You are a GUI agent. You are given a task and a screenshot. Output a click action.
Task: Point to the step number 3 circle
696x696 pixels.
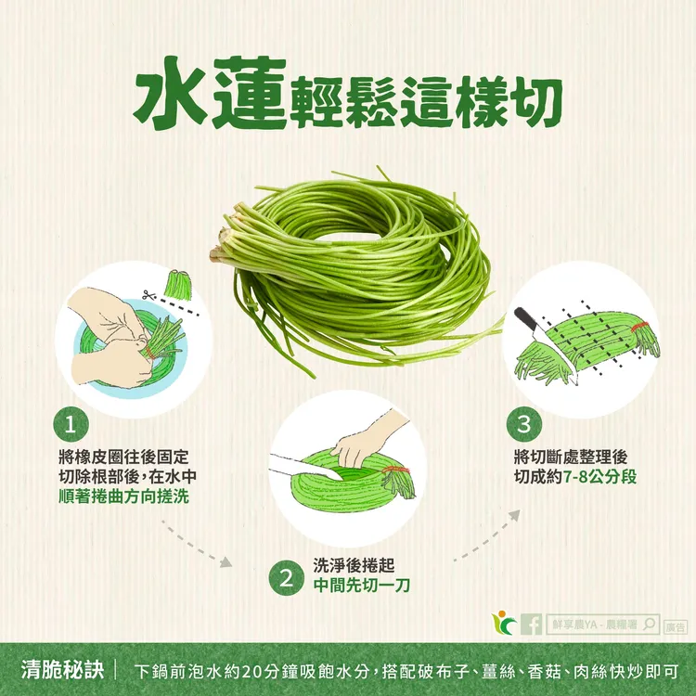click(524, 427)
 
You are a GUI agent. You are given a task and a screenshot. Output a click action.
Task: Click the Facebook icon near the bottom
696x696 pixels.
click(532, 625)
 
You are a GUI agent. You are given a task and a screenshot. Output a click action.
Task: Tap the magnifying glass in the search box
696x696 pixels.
click(649, 625)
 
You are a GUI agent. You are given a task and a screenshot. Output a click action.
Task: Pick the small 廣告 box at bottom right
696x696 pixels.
click(675, 626)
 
